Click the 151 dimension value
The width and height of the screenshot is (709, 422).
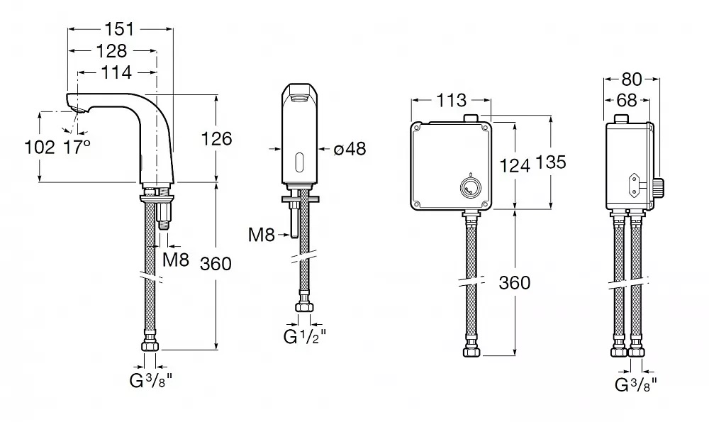tap(120, 29)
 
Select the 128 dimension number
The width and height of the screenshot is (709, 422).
tap(112, 51)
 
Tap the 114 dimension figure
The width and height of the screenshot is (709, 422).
tap(117, 72)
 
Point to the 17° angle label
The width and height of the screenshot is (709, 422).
tap(77, 148)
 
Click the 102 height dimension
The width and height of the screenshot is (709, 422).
tap(39, 148)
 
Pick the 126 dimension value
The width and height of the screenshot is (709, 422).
tap(216, 139)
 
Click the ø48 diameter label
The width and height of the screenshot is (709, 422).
tap(350, 148)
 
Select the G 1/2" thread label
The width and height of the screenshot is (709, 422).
tap(304, 336)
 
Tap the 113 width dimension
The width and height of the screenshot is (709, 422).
tap(452, 100)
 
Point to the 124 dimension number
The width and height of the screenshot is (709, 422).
tap(515, 166)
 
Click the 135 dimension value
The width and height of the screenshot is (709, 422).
tap(551, 162)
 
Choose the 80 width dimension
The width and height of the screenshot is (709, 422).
tap(632, 79)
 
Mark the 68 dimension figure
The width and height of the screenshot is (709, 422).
tap(627, 100)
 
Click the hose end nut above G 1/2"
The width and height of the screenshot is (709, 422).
tap(304, 307)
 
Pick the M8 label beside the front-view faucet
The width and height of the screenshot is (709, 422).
tap(262, 235)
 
